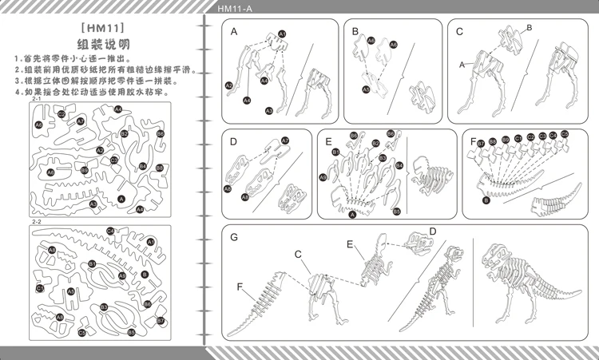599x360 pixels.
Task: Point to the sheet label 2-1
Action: (37, 98)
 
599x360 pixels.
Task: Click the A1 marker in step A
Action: (282, 34)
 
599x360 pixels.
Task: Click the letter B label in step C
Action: (528, 27)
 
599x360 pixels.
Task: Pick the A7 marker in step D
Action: (285, 140)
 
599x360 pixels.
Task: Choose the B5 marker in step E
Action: (396, 211)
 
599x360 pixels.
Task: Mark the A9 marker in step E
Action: (323, 177)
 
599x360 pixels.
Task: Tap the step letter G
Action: (234, 237)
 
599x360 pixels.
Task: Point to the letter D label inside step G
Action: (432, 231)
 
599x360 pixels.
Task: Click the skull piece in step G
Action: (417, 239)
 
